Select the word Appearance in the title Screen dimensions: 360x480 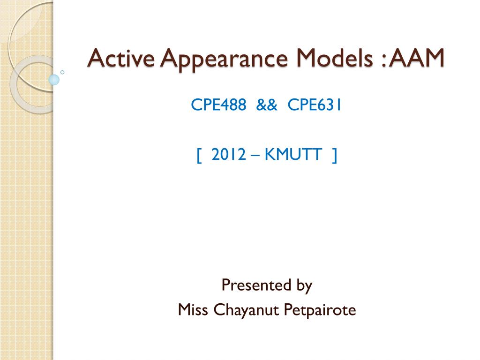208,60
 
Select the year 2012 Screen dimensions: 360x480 228,154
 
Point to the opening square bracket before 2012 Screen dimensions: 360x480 199,155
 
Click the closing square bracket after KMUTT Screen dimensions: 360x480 334,155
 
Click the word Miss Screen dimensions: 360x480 194,310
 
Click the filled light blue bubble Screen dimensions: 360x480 54,79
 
